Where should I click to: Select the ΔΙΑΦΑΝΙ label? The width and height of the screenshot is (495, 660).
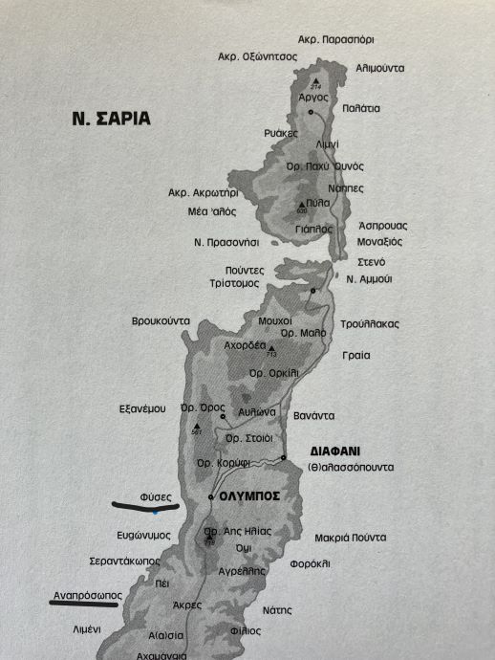click(x=338, y=449)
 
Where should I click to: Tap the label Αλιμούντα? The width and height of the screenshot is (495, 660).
click(x=379, y=69)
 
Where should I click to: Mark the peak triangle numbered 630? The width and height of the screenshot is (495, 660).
click(x=300, y=205)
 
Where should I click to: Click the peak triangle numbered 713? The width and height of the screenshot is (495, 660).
click(x=270, y=349)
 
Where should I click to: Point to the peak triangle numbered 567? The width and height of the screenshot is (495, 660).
click(x=197, y=428)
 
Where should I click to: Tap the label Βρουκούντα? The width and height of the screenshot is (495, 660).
click(x=161, y=321)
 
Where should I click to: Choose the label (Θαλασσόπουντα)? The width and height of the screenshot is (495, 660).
click(x=351, y=467)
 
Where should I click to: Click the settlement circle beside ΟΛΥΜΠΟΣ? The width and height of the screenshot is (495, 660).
click(x=211, y=497)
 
